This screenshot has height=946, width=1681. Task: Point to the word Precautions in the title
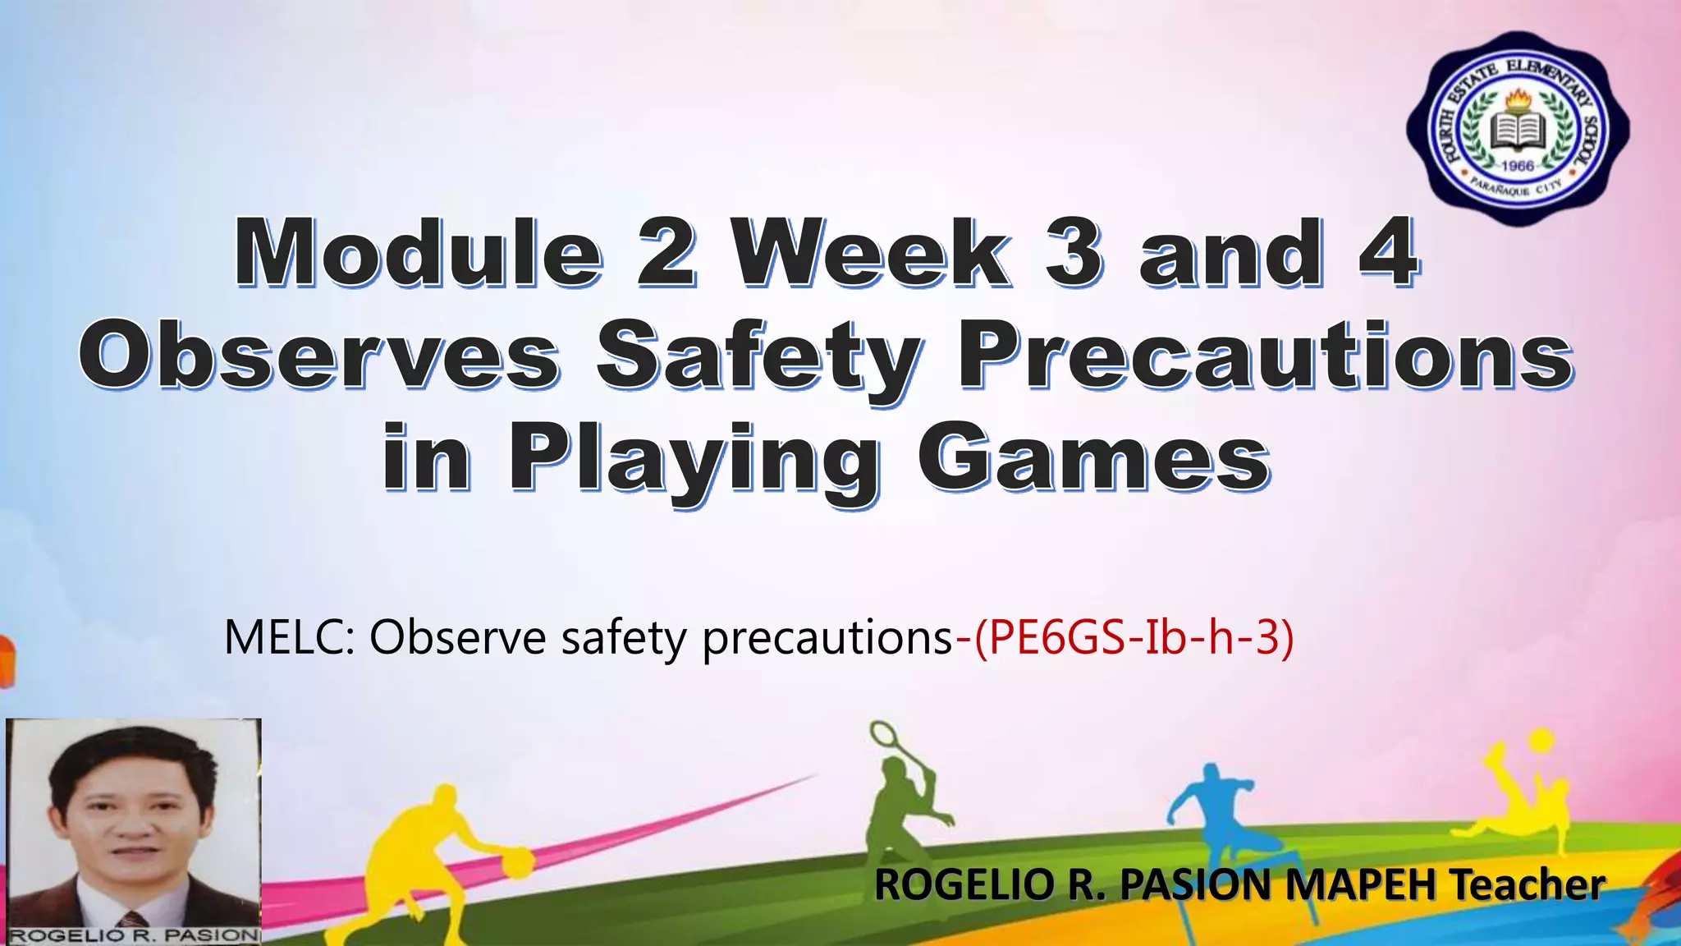(1265, 355)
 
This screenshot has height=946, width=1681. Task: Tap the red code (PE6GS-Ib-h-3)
(1134, 637)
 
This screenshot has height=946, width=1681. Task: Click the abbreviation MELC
(288, 637)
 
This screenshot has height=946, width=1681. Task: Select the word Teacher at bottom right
(1526, 884)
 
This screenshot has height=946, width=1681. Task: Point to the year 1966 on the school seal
(1518, 167)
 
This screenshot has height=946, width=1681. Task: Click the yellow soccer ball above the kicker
(1541, 740)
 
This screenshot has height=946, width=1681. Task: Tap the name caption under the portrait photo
(134, 935)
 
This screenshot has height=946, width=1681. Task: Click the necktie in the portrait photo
(132, 920)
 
